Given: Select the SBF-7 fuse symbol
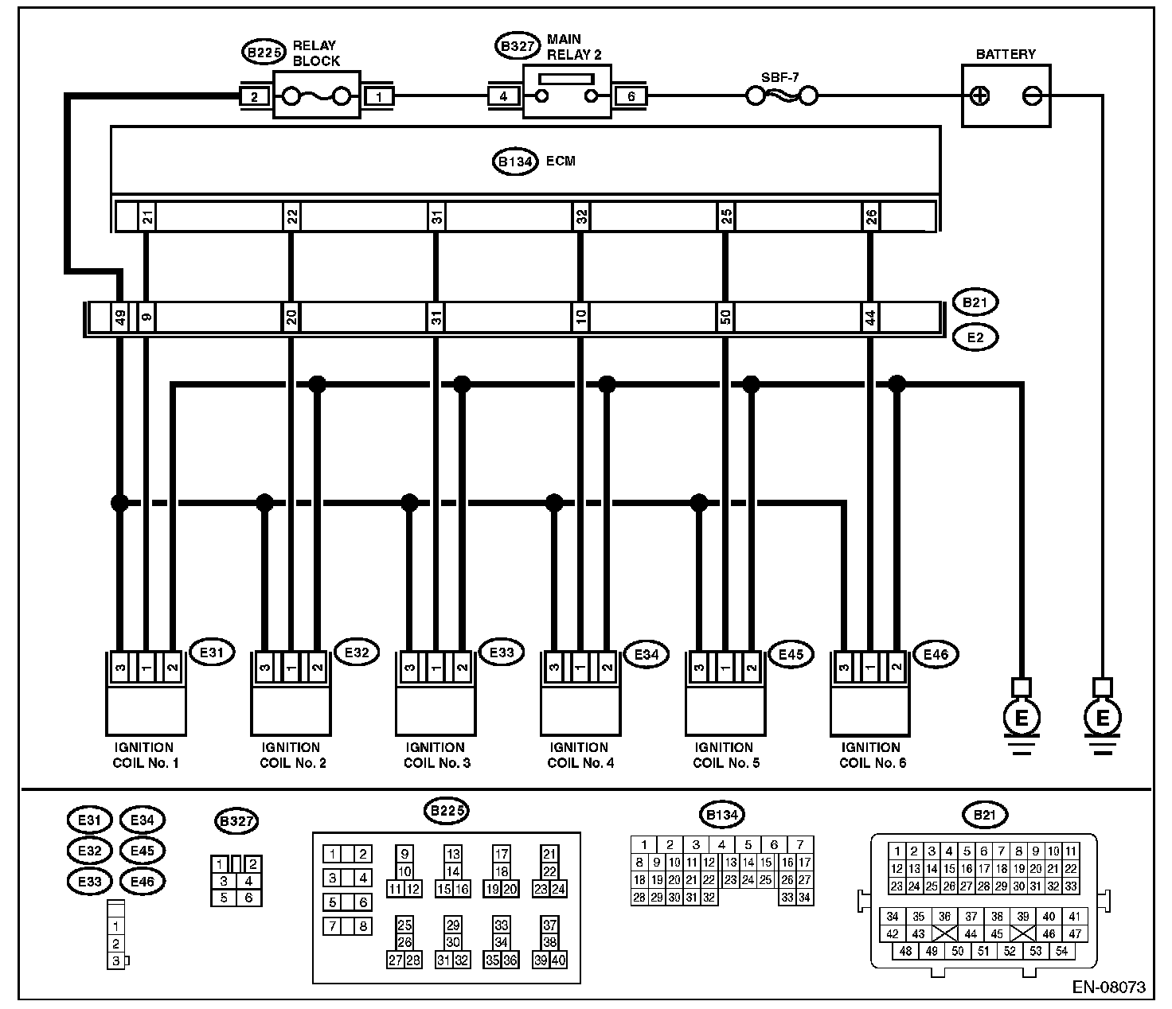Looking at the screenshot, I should [782, 96].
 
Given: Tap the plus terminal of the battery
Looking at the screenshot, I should [981, 96].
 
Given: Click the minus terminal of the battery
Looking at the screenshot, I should [1032, 96].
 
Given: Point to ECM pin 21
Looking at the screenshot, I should [147, 216].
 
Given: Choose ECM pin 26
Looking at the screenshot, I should [871, 216].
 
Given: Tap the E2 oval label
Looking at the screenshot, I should [975, 337].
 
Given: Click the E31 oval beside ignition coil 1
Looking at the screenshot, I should [210, 653].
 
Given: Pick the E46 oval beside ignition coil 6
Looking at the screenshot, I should [935, 654].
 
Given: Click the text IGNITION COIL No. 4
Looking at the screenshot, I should [579, 755].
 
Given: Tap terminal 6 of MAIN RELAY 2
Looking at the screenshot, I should [631, 96].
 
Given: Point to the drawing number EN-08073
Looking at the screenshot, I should [1108, 988].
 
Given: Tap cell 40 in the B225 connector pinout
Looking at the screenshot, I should [558, 960].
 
